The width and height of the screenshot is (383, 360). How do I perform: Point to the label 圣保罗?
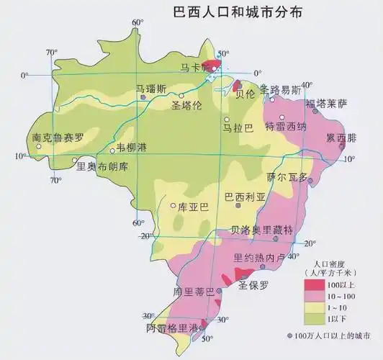pos(253,284)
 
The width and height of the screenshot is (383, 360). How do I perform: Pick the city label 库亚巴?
pos(193,207)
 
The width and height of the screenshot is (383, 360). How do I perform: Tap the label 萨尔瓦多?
pos(287,176)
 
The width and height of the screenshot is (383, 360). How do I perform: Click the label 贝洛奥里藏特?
pos(261,230)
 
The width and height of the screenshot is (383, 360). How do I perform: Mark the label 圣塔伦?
pos(188,105)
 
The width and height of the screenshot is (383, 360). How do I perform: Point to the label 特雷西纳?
pos(286,127)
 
